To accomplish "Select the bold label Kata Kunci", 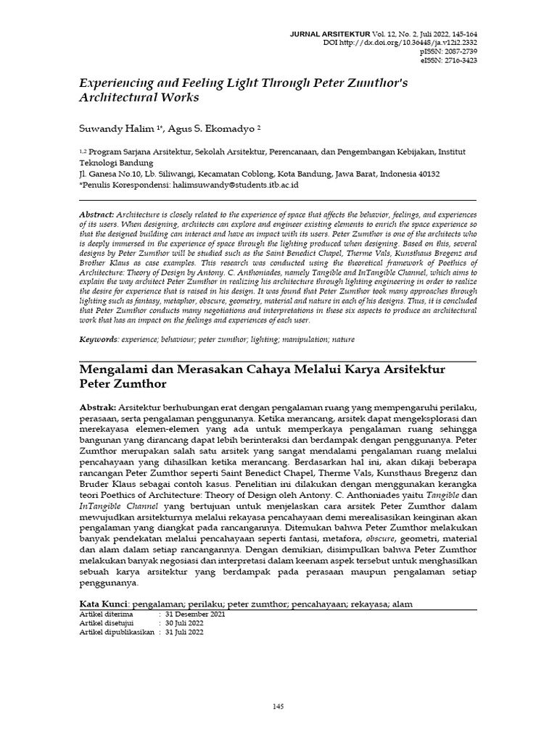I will (x=103, y=604).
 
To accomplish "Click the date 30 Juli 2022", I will (x=185, y=622).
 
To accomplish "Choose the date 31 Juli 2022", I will (x=185, y=632).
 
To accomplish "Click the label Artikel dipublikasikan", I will (x=116, y=632).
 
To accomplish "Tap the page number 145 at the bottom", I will (x=278, y=706).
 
